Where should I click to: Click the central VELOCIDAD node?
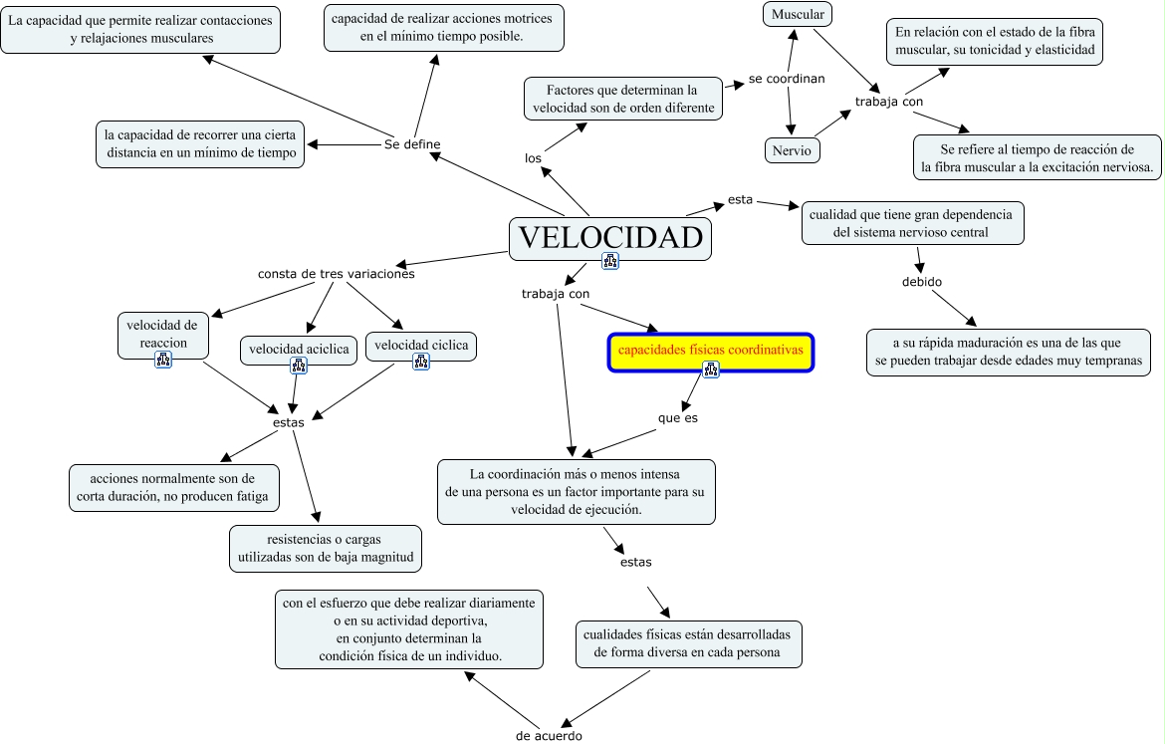pos(610,238)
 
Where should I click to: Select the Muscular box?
pos(798,14)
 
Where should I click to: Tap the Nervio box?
pos(793,150)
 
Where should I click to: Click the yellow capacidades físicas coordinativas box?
pos(711,352)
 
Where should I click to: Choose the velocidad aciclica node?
pos(299,349)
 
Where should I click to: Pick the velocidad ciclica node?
pos(421,346)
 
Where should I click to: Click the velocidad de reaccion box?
pos(163,335)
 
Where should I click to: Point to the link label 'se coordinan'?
pos(787,79)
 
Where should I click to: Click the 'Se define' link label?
pos(412,144)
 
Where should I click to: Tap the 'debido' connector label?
pos(922,282)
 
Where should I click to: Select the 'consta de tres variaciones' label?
pos(337,274)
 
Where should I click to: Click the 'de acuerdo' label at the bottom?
pos(549,736)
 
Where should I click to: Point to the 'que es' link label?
pos(678,418)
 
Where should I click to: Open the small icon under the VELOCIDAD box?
pos(610,261)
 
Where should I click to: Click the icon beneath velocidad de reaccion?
pos(163,360)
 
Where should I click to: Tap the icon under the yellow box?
pos(711,371)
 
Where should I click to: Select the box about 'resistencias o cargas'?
pos(325,548)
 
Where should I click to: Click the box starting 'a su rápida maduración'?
pos(1009,352)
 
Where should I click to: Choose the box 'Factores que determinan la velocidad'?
pos(623,99)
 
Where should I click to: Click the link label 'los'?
pos(533,158)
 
